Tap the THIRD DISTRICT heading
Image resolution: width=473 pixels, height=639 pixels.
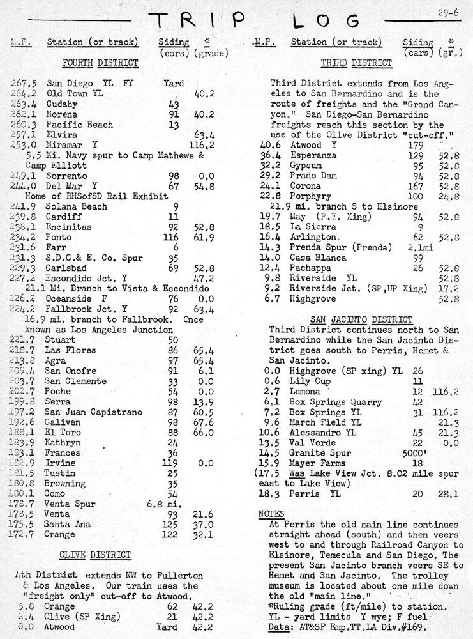pyautogui.click(x=356, y=63)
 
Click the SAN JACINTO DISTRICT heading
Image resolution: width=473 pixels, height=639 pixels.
pyautogui.click(x=361, y=319)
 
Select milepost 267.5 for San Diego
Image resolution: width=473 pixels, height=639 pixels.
pyautogui.click(x=24, y=83)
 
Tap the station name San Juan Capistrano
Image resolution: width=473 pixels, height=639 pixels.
pyautogui.click(x=93, y=412)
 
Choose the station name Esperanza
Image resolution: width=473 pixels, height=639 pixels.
pyautogui.click(x=317, y=155)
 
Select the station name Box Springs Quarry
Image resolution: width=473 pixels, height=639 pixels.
pyautogui.click(x=336, y=402)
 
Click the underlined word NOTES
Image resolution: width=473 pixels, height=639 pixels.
pyautogui.click(x=271, y=514)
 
